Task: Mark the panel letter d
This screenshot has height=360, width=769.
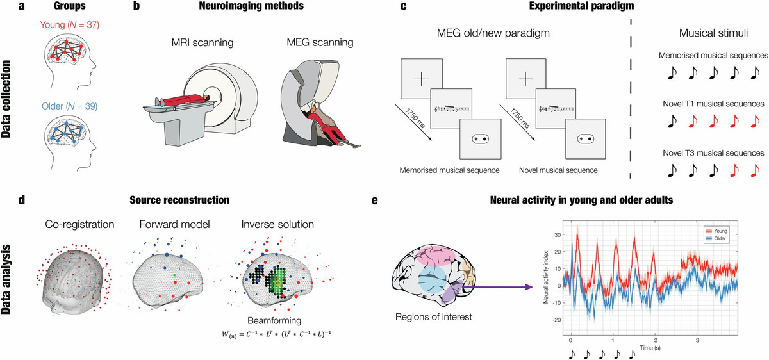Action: coord(22,199)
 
